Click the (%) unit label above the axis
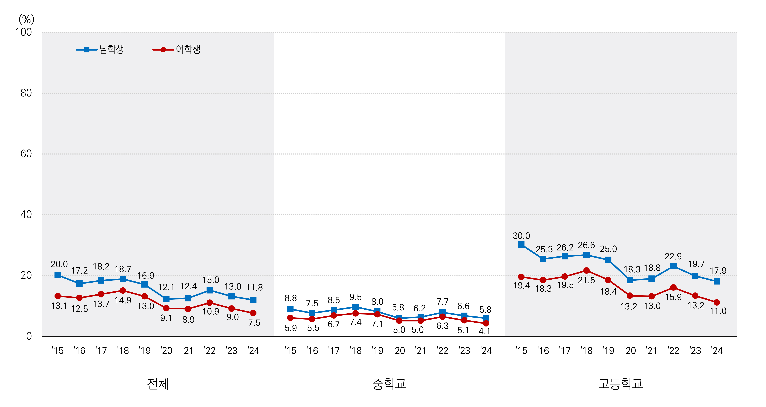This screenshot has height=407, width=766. [27, 20]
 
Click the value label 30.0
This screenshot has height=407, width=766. [521, 236]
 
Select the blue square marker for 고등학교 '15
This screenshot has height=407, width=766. [521, 245]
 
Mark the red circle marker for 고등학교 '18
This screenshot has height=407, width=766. [586, 271]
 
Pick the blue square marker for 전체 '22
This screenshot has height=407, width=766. [210, 290]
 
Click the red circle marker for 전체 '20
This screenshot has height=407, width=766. [166, 308]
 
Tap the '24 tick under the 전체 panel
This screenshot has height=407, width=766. [253, 351]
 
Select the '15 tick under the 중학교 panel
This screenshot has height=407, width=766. [290, 351]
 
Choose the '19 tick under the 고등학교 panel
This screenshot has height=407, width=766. [608, 351]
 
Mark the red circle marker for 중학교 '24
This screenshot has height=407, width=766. [486, 323]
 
